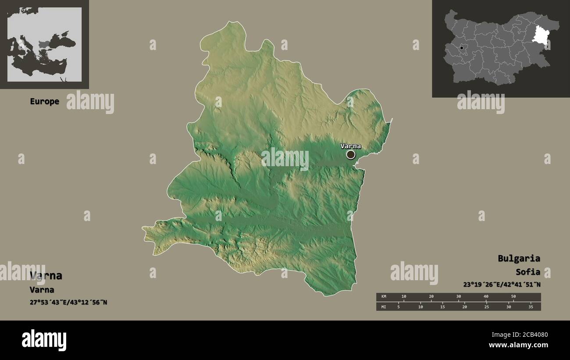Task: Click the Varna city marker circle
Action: pyautogui.click(x=350, y=154)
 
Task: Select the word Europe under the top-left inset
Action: pyautogui.click(x=44, y=101)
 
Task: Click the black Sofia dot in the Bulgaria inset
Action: pyautogui.click(x=462, y=48)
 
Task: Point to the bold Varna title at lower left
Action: pyautogui.click(x=46, y=276)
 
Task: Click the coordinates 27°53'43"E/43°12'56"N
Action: pyautogui.click(x=68, y=302)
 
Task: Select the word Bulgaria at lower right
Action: pyautogui.click(x=519, y=258)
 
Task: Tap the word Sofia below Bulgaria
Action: pyautogui.click(x=528, y=272)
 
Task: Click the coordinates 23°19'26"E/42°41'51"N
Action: pyautogui.click(x=502, y=284)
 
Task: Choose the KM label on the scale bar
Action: pyautogui.click(x=384, y=297)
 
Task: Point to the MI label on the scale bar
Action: pyautogui.click(x=384, y=307)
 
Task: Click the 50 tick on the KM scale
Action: pyautogui.click(x=513, y=297)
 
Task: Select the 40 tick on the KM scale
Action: pyautogui.click(x=486, y=297)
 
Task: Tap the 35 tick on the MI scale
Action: pyautogui.click(x=531, y=307)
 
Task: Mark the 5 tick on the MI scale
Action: pyautogui.click(x=398, y=307)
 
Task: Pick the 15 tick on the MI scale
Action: pyautogui.click(x=442, y=307)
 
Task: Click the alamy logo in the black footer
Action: pyautogui.click(x=44, y=340)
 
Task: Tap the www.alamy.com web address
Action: pyautogui.click(x=517, y=346)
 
